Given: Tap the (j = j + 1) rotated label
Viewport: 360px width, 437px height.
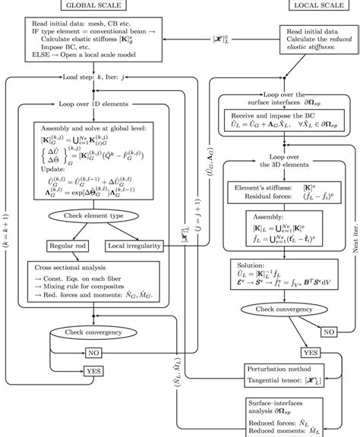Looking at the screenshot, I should click(x=199, y=228).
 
